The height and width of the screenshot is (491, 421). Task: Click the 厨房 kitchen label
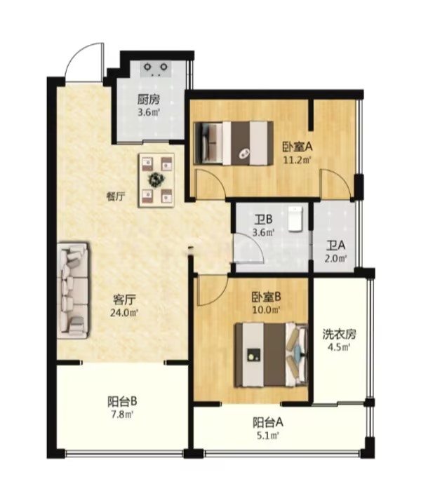pyautogui.click(x=149, y=100)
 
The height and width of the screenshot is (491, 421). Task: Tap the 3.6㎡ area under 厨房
pyautogui.click(x=149, y=112)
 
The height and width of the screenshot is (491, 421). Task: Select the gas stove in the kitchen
pyautogui.click(x=156, y=69)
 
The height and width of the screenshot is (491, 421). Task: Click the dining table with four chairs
pyautogui.click(x=156, y=180)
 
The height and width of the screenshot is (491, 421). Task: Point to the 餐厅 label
pyautogui.click(x=116, y=196)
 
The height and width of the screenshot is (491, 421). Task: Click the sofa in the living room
pyautogui.click(x=73, y=290)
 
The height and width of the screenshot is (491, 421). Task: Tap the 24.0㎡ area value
pyautogui.click(x=124, y=313)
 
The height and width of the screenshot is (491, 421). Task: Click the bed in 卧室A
pyautogui.click(x=234, y=143)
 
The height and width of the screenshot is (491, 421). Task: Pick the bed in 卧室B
pyautogui.click(x=272, y=355)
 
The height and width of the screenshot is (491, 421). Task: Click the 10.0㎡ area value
pyautogui.click(x=266, y=310)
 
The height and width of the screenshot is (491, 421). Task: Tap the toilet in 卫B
pyautogui.click(x=295, y=219)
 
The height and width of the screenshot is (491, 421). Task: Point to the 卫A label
pyautogui.click(x=336, y=245)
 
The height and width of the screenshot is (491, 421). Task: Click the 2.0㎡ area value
pyautogui.click(x=336, y=259)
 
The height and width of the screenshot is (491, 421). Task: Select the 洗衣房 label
pyautogui.click(x=340, y=334)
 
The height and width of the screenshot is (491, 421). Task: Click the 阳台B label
pyautogui.click(x=122, y=401)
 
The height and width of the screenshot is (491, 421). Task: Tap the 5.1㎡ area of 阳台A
pyautogui.click(x=268, y=436)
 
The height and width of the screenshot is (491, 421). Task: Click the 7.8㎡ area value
pyautogui.click(x=122, y=415)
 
